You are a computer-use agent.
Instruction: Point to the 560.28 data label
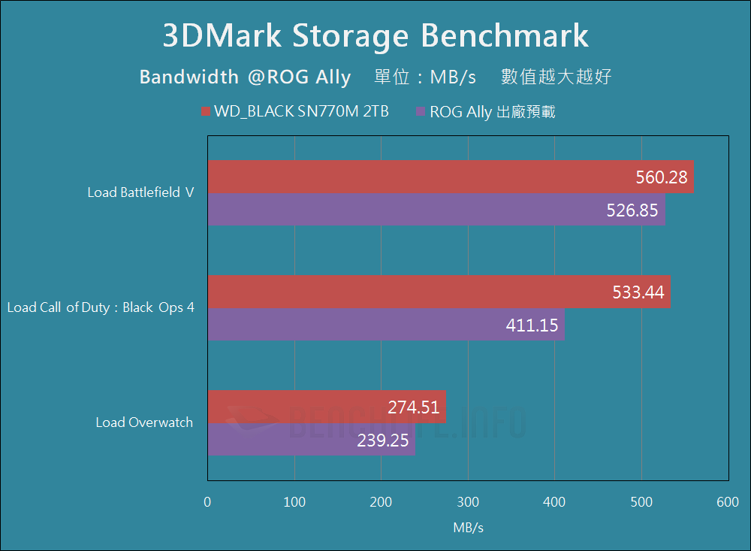662,177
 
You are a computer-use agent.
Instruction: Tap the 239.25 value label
383,440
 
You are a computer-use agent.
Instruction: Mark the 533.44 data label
639,292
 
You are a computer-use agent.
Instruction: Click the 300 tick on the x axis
468,502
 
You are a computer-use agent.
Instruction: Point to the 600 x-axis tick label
728,502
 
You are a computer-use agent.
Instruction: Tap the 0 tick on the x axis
208,502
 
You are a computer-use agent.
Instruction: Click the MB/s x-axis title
468,528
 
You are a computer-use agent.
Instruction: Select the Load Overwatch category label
144,422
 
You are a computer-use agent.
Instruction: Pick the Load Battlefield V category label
140,192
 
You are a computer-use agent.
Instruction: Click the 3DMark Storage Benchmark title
375,36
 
